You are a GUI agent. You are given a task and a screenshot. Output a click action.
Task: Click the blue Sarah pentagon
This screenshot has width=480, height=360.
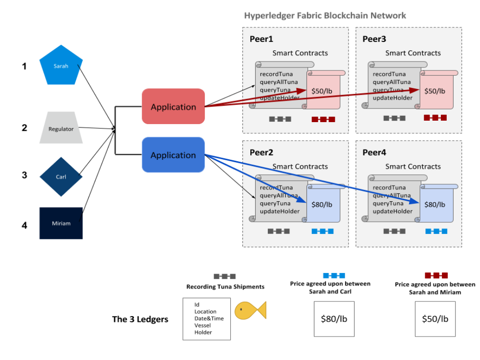click(x=61, y=65)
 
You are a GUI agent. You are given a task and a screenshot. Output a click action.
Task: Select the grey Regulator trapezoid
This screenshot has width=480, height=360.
click(x=61, y=128)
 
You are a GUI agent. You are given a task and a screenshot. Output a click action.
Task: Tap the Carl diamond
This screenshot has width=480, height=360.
click(x=61, y=176)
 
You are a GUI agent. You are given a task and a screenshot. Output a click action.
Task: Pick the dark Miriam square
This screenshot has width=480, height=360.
click(x=61, y=223)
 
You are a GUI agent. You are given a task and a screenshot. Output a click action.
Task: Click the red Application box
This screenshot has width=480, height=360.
click(x=173, y=106)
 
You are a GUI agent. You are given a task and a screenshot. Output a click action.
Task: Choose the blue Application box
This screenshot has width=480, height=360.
click(x=173, y=155)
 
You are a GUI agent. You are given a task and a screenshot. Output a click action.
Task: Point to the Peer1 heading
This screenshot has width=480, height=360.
click(x=262, y=39)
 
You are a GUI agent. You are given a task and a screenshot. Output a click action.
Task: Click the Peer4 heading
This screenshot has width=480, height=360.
click(x=374, y=152)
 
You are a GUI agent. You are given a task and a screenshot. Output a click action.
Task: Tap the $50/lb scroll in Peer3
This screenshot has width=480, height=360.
click(x=435, y=91)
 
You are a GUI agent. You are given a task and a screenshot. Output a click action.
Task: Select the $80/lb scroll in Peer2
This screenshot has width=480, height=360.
click(x=322, y=205)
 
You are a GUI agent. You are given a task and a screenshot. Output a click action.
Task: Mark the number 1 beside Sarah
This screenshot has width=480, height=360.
click(x=24, y=66)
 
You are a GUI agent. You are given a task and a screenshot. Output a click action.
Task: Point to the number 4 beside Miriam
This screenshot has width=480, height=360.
click(x=24, y=225)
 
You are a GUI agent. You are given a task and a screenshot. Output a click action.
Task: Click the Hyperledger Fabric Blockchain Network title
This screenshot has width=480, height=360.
click(x=325, y=16)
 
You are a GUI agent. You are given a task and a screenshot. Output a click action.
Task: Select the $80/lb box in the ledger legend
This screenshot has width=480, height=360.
click(x=334, y=319)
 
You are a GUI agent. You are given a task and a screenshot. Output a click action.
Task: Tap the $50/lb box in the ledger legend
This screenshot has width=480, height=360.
click(x=435, y=319)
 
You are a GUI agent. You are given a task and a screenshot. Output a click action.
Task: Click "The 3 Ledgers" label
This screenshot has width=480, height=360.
click(x=140, y=319)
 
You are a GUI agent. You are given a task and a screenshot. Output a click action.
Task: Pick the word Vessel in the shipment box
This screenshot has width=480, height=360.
click(x=202, y=325)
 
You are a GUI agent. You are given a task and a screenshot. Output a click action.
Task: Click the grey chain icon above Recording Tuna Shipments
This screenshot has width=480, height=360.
click(x=225, y=276)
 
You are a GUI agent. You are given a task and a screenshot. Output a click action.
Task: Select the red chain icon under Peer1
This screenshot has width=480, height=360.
click(x=323, y=119)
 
